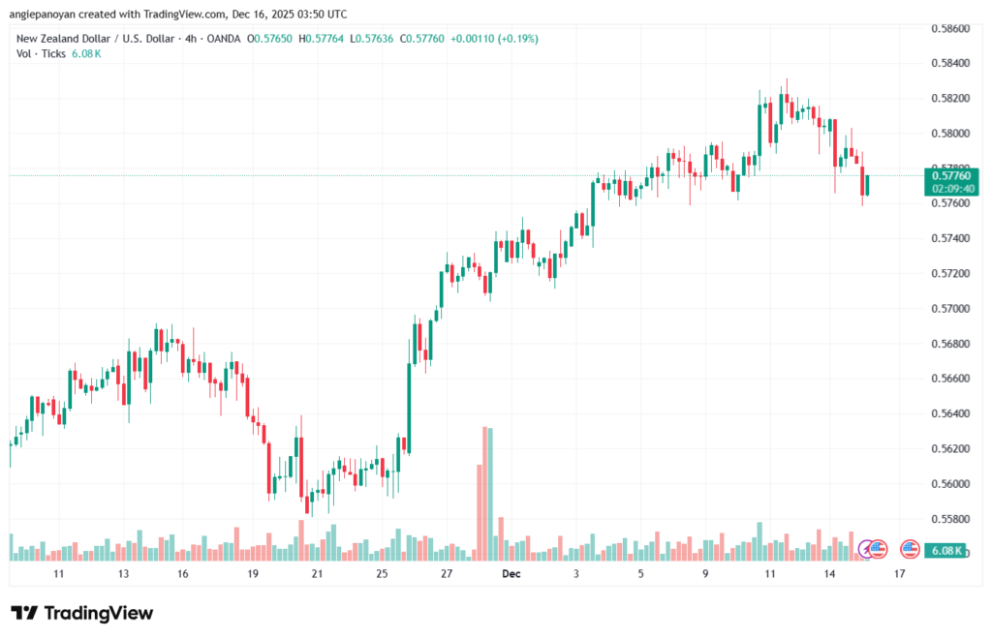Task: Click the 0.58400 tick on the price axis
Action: [950, 64]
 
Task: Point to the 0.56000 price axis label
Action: [950, 484]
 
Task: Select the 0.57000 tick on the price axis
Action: [950, 309]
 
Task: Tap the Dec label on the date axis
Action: [511, 574]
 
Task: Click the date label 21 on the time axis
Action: [317, 574]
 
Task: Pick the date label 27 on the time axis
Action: [447, 574]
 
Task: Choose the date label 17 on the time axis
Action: [900, 574]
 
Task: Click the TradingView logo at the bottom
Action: [82, 613]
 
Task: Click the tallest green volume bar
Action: [489, 493]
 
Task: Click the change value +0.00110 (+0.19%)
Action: [491, 39]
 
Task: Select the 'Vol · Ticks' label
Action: [39, 54]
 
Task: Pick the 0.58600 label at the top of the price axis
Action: [950, 29]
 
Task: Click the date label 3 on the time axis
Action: [575, 574]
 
